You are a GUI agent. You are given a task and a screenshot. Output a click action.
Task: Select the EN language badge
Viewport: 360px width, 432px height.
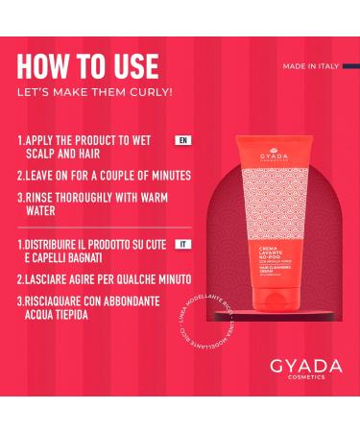[x=182, y=140]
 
